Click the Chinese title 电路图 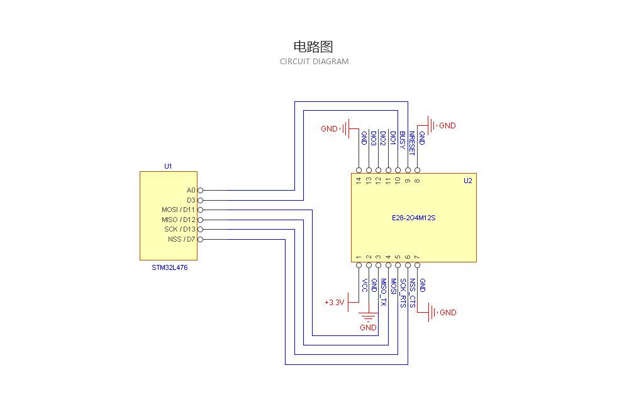(x=313, y=47)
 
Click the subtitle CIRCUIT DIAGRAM (x=314, y=62)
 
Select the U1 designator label (x=168, y=166)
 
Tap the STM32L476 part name (x=169, y=267)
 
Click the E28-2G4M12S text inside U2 (x=413, y=218)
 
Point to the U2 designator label (x=467, y=181)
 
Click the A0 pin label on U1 (x=191, y=190)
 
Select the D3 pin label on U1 (x=191, y=200)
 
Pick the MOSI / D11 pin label (x=179, y=210)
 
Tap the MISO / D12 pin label (x=179, y=220)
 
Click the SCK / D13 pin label (x=180, y=229)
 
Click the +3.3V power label (x=335, y=303)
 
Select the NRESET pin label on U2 (x=412, y=143)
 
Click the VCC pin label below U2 (x=364, y=286)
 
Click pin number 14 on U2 (x=359, y=181)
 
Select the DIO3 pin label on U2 (x=374, y=139)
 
